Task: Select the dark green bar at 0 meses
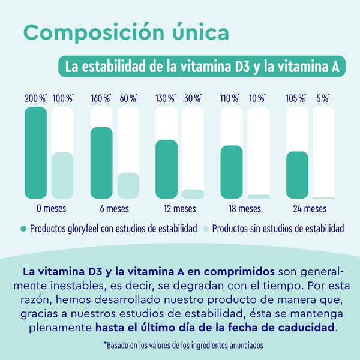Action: [35, 152]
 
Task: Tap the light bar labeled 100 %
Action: [62, 175]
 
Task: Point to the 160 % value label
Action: [101, 98]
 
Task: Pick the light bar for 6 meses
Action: [128, 185]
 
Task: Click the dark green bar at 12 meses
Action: [166, 169]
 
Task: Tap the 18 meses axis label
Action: [245, 209]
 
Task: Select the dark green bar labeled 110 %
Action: [232, 172]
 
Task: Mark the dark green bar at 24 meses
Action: [297, 175]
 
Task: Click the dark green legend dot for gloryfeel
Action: [24, 229]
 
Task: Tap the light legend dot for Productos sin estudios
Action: [206, 229]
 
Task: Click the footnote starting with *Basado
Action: [183, 345]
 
